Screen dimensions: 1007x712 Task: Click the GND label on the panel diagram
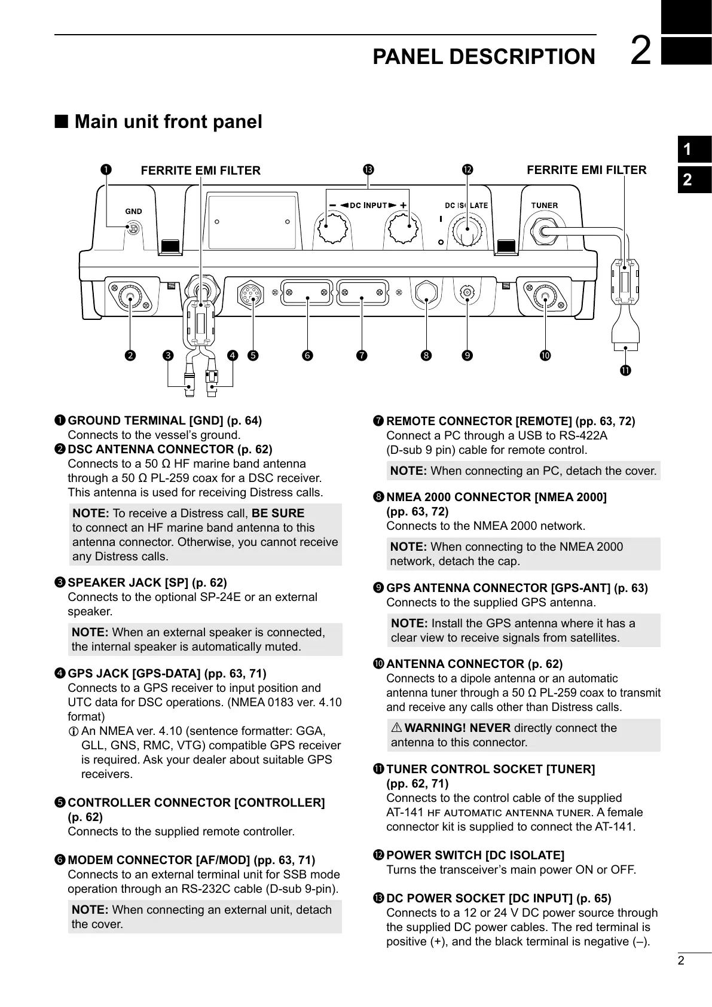click(133, 211)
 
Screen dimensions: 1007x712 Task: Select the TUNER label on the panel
click(545, 206)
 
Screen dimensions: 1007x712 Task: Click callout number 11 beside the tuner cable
click(625, 371)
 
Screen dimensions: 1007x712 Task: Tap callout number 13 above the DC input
click(368, 170)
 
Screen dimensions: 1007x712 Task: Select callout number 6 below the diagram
click(307, 356)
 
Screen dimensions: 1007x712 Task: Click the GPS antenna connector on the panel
click(467, 294)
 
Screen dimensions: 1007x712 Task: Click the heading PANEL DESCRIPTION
click(484, 57)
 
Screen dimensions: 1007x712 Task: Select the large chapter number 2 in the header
click(641, 51)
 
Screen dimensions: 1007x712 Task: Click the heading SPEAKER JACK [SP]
click(147, 582)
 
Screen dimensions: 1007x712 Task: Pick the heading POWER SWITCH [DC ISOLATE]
click(475, 855)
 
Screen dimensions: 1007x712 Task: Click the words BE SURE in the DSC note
click(278, 513)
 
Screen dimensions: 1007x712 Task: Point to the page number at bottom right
click(681, 962)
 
